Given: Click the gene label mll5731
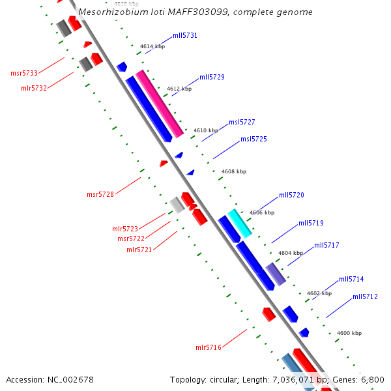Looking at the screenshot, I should pos(185,35).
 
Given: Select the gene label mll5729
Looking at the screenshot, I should pos(212,77).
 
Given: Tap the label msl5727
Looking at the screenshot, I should pos(241,122).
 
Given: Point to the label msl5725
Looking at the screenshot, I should pos(253,139).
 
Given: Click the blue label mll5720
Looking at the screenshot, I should pos(291,195).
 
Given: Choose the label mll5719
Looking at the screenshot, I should pos(311,223).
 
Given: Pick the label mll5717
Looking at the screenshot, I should pos(326,245).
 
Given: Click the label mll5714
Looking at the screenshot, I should pos(351,279).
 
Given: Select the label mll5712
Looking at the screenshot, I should pos(365,297).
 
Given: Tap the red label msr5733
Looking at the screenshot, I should pos(24,73).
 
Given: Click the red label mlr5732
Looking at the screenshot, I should pos(34,88).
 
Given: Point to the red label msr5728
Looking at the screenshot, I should pos(100,194).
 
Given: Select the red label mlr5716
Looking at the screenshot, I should pos(209,347).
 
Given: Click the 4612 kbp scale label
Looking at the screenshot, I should pos(179,89).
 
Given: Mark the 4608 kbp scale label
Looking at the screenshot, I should pos(234,171).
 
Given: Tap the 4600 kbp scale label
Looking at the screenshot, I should pos(349,333).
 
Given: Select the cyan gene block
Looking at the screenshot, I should pos(239,223).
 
